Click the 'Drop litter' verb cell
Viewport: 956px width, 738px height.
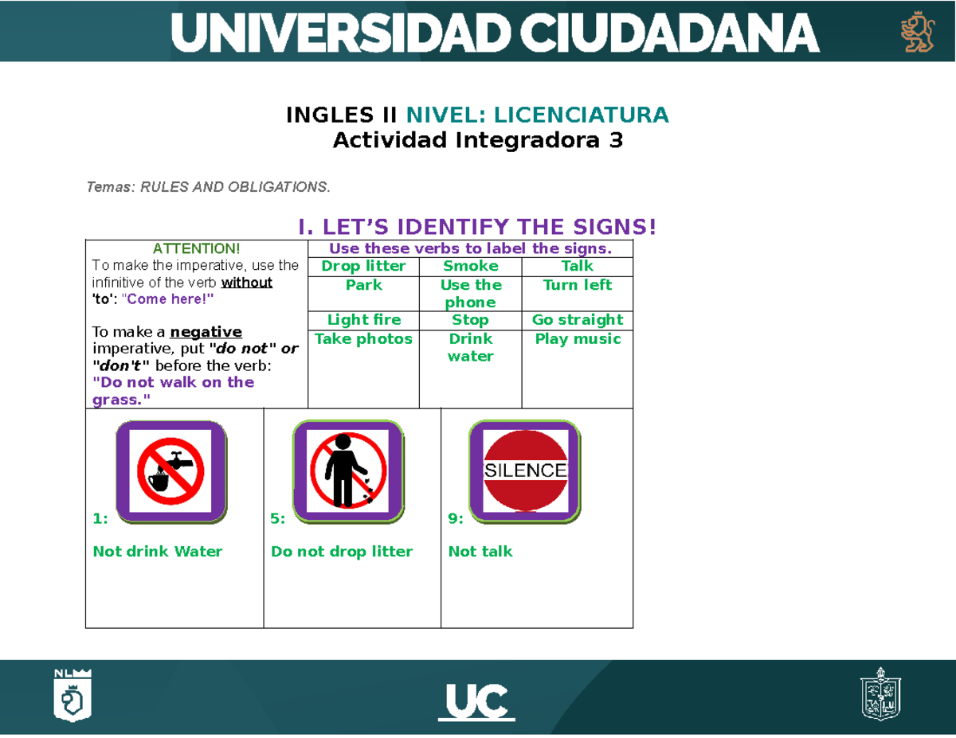[x=363, y=266]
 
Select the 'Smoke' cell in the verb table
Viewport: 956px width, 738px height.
[x=470, y=266]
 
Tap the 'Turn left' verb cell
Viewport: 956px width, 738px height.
[x=577, y=285]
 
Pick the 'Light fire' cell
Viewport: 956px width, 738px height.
[x=363, y=320]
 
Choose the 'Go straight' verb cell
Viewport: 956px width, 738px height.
[x=577, y=320]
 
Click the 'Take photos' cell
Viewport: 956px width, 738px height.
[x=363, y=339]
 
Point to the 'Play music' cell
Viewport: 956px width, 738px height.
[x=577, y=339]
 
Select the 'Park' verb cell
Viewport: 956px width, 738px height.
[x=363, y=285]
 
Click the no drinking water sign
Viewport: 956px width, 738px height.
[x=170, y=471]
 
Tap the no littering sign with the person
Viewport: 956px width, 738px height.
[x=348, y=471]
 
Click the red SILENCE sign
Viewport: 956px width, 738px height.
[x=525, y=471]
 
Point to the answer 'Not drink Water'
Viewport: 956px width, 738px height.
[x=158, y=552]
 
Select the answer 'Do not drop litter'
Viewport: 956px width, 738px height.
[x=342, y=552]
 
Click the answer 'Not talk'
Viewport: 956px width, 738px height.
[x=480, y=552]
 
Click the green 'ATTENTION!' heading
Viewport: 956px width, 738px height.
[x=196, y=250]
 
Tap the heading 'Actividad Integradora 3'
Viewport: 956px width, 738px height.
[x=477, y=141]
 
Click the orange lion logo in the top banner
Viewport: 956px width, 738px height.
[x=916, y=32]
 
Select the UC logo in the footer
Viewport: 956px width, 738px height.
[x=476, y=703]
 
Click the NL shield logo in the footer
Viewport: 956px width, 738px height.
[x=72, y=695]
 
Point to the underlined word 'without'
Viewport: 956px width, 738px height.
[x=247, y=283]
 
